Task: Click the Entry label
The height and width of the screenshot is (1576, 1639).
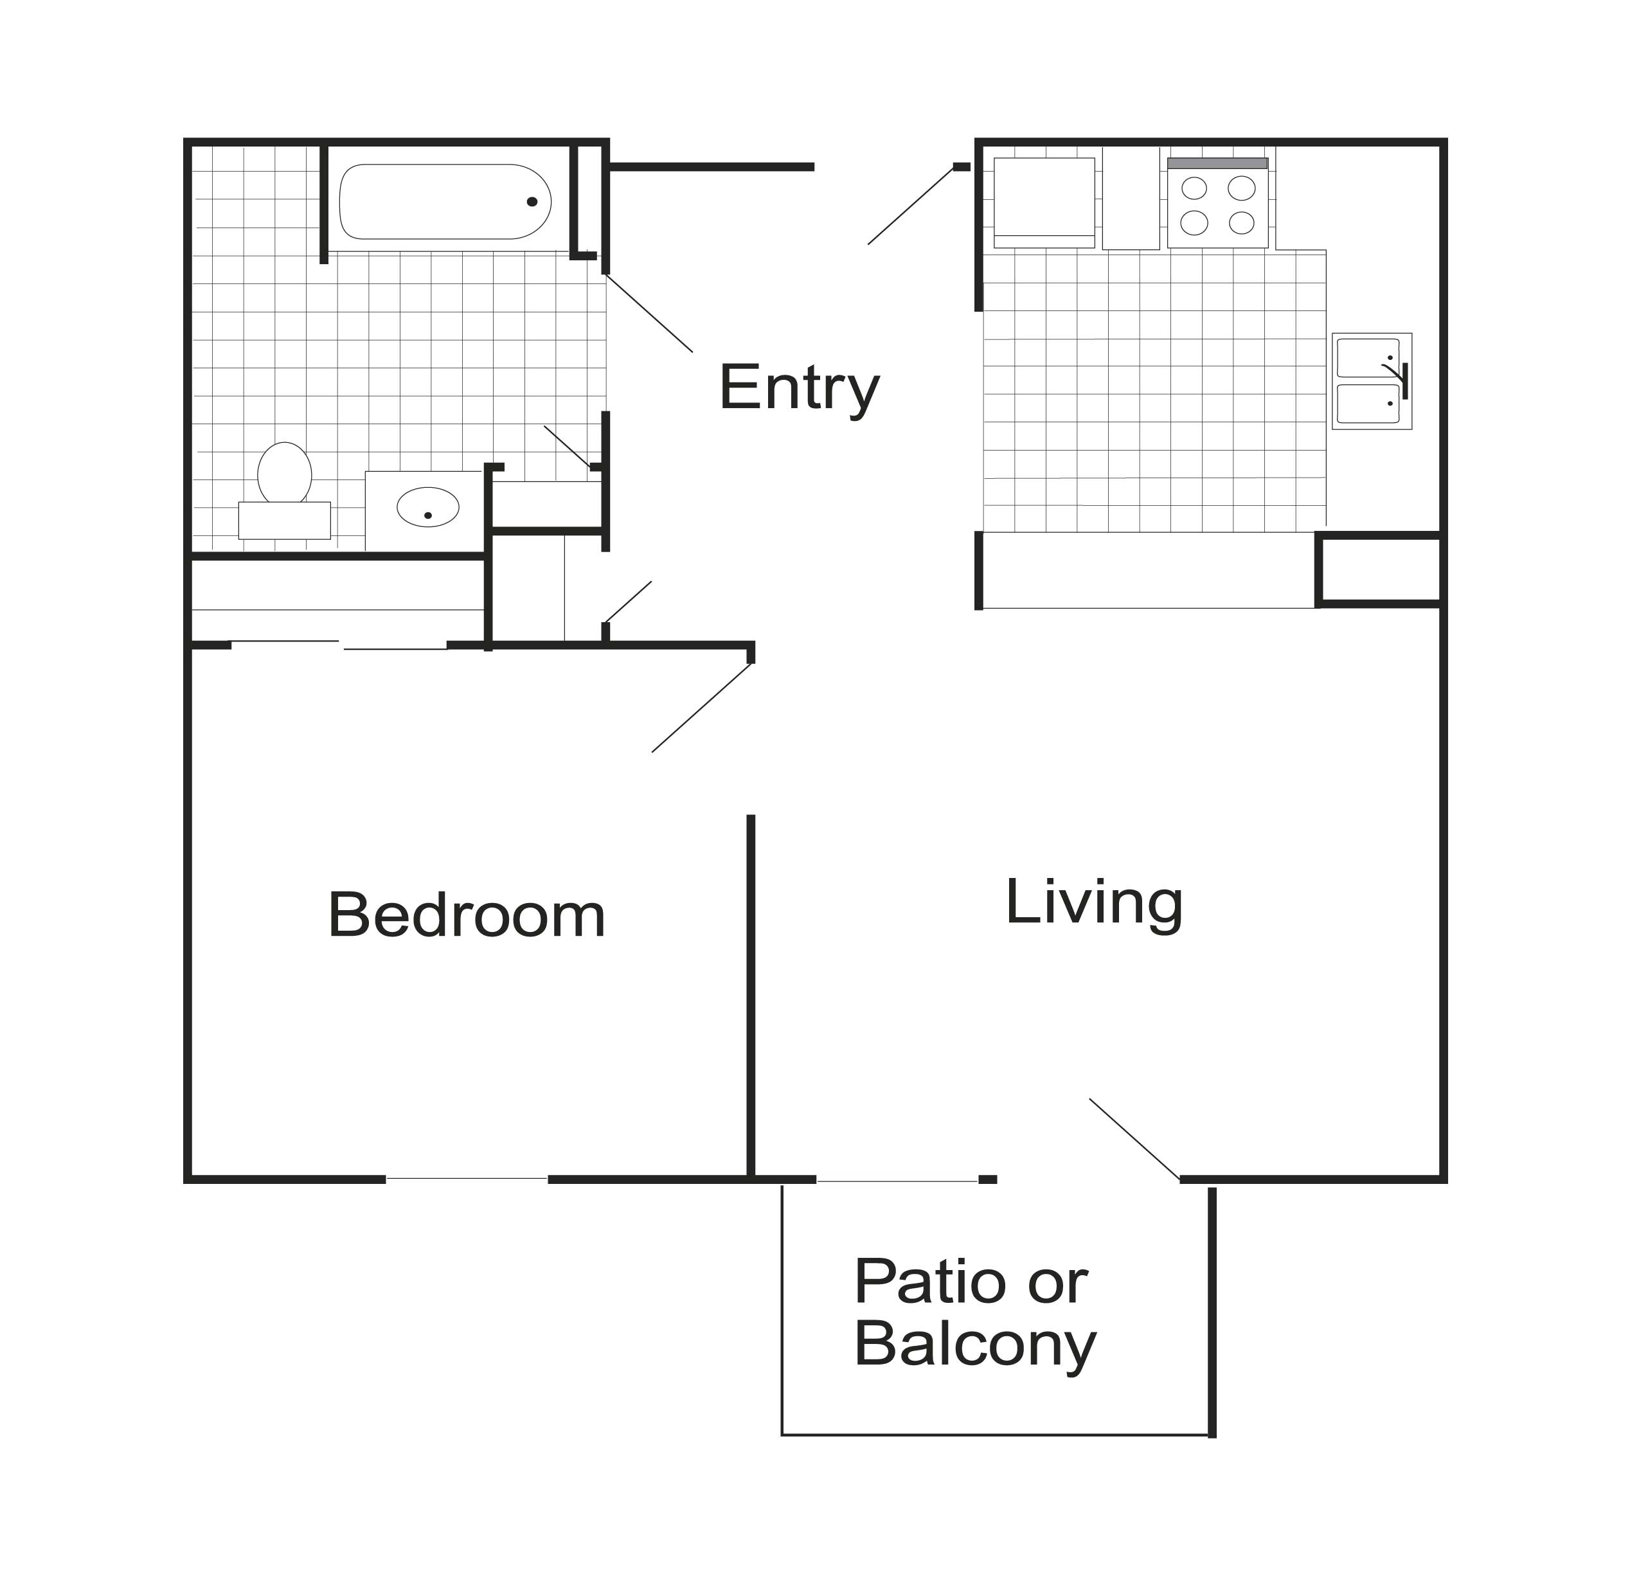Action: point(800,388)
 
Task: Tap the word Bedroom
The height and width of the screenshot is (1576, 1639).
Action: point(467,915)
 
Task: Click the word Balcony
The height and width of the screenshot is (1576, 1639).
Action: point(975,1348)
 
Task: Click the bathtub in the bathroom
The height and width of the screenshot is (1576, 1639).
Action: point(445,201)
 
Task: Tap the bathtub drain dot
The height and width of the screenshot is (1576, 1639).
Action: point(532,201)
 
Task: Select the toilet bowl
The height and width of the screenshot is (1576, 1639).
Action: point(284,472)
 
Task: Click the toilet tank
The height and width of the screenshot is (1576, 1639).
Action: point(284,520)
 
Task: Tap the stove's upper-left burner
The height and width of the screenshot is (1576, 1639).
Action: point(1194,188)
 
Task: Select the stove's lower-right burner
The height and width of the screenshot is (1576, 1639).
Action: point(1242,223)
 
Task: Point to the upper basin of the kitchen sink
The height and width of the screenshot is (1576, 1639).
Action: point(1367,359)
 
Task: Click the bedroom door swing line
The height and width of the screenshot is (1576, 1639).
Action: point(702,707)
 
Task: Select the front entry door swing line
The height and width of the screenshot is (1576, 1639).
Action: point(911,206)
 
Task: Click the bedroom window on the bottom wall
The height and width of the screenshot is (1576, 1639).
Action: point(467,1179)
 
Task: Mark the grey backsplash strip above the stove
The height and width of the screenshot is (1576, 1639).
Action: point(1217,163)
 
